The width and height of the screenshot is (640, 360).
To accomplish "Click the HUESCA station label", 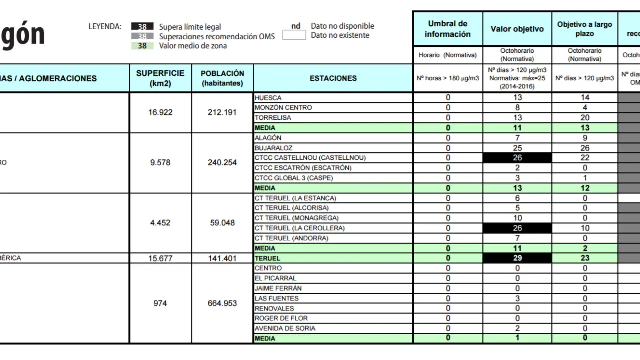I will point(268,98).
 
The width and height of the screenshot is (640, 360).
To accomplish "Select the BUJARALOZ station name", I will point(274,148).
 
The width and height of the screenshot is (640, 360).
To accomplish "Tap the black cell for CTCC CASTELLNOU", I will point(517,158).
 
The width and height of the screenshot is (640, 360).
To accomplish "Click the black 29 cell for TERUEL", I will point(517,258).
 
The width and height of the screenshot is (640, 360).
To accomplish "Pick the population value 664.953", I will point(222,303).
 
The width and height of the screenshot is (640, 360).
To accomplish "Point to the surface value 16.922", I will point(160,112).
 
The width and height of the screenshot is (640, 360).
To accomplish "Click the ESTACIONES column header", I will point(333,78).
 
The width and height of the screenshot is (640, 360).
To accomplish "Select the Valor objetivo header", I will point(517,29).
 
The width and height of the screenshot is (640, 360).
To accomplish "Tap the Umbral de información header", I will point(448,29).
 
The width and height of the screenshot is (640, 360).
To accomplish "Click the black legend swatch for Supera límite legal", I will point(142,27).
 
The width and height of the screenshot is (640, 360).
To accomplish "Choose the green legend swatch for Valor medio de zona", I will point(142,46).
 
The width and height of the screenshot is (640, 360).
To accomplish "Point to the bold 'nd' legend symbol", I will point(296,26).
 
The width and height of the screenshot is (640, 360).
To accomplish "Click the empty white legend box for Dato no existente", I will point(294,35).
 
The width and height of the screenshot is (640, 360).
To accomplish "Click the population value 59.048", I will point(222,223).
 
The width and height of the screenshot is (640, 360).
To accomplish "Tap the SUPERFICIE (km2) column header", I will point(160,78).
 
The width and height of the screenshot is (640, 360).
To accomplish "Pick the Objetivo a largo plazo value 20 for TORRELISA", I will point(585,118).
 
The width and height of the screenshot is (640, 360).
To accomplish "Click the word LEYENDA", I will point(105,26).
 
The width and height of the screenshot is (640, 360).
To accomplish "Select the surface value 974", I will point(160,303).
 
